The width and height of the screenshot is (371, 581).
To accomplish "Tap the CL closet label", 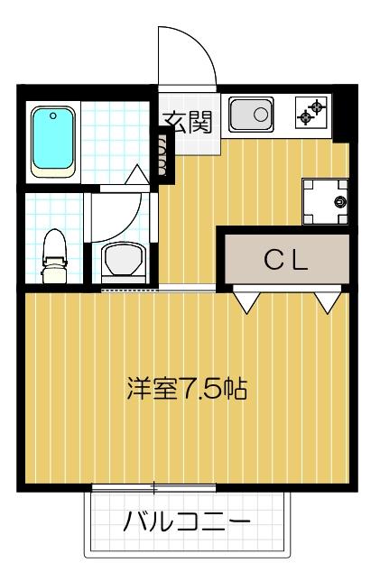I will [x=286, y=260].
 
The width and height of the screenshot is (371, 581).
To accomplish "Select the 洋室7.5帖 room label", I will [x=187, y=391].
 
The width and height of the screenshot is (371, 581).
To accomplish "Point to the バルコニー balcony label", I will [x=187, y=521].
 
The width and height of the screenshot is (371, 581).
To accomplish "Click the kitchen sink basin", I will [x=250, y=115].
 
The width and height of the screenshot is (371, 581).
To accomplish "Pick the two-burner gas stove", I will [x=311, y=113].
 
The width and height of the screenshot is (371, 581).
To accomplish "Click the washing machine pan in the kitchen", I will [x=325, y=200].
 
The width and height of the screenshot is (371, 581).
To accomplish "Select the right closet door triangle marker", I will [x=326, y=301].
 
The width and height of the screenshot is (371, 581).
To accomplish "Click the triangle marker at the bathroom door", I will [x=135, y=174].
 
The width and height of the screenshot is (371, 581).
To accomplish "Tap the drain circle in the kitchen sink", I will [x=260, y=115].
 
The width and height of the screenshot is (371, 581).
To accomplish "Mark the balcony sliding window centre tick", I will [x=154, y=488].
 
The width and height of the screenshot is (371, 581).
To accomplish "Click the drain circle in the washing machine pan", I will [x=340, y=200].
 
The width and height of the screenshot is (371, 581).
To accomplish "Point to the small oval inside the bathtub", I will [x=53, y=115].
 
